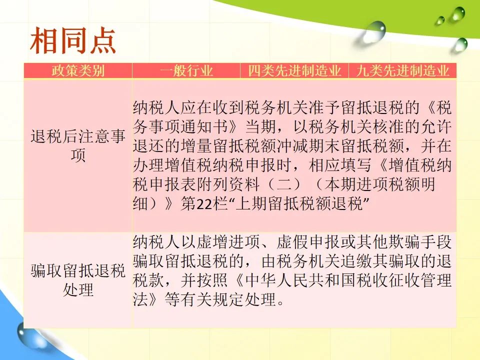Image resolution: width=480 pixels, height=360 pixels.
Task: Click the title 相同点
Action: click(73, 40)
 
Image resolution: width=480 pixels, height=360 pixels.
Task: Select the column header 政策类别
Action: click(78, 70)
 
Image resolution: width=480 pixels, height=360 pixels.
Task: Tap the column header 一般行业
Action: click(186, 70)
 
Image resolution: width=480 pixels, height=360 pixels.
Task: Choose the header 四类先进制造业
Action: click(294, 70)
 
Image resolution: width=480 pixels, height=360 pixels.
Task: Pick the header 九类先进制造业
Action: click(402, 70)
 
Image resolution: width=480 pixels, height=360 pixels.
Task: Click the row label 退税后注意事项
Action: click(78, 145)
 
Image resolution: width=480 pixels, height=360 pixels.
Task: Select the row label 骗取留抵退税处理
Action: click(78, 280)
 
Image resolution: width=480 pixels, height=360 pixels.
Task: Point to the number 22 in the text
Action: click(204, 204)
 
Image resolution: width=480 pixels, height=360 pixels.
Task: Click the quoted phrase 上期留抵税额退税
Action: click(299, 204)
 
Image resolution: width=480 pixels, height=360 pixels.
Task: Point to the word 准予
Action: click(324, 107)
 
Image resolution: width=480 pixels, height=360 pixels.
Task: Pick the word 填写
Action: click(356, 165)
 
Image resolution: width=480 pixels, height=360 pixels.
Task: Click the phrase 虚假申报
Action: click(308, 242)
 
